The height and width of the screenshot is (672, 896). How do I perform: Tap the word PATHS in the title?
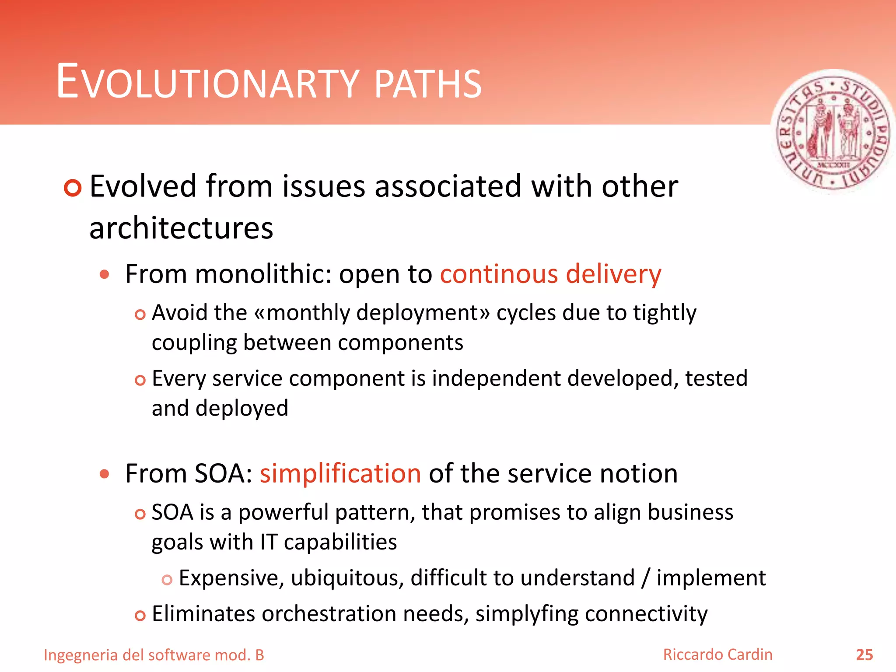pyautogui.click(x=428, y=84)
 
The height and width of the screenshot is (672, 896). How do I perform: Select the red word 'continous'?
pyautogui.click(x=499, y=274)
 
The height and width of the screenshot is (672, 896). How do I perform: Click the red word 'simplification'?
pyautogui.click(x=340, y=474)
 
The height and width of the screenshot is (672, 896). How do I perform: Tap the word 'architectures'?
pyautogui.click(x=181, y=228)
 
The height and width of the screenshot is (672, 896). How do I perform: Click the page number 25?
pyautogui.click(x=864, y=655)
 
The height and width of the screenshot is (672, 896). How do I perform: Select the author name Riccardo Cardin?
pyautogui.click(x=717, y=654)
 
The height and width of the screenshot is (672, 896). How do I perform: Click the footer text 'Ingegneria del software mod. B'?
pyautogui.click(x=154, y=655)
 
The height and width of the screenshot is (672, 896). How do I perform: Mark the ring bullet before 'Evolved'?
pyautogui.click(x=73, y=188)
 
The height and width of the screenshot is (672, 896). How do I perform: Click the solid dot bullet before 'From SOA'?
pyautogui.click(x=104, y=474)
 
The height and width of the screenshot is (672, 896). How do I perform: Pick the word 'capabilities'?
pyautogui.click(x=340, y=542)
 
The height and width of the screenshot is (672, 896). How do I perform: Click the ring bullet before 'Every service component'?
pyautogui.click(x=140, y=380)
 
